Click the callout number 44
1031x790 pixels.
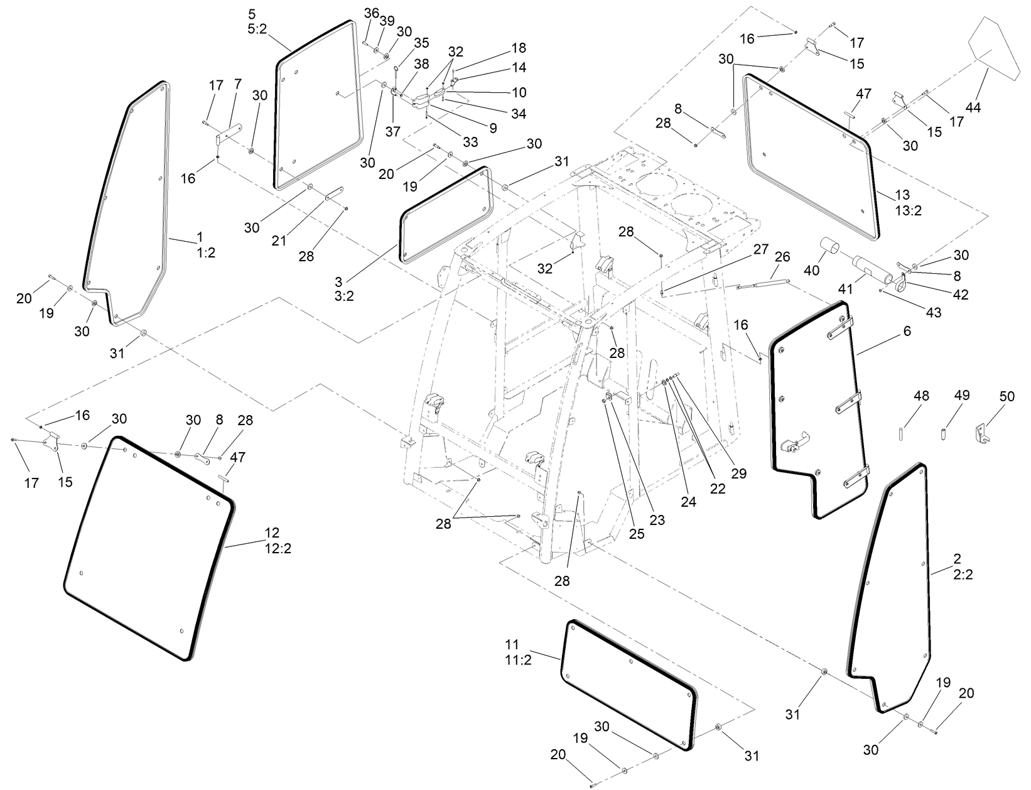pyautogui.click(x=973, y=108)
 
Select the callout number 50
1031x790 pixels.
pyautogui.click(x=1007, y=396)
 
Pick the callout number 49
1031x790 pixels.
pyautogui.click(x=961, y=395)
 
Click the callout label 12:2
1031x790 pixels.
pyautogui.click(x=278, y=548)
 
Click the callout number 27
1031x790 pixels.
pyautogui.click(x=760, y=249)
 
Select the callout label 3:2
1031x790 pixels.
pyautogui.click(x=344, y=296)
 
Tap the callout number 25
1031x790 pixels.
pyautogui.click(x=636, y=533)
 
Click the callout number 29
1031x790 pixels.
pyautogui.click(x=739, y=473)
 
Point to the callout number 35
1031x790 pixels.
pyautogui.click(x=421, y=43)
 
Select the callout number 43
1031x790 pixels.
pyautogui.click(x=934, y=313)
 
